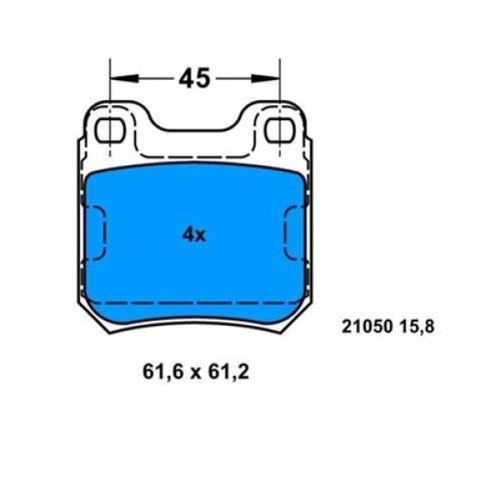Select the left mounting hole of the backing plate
pyautogui.click(x=110, y=130)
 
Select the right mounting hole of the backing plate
pyautogui.click(x=278, y=130)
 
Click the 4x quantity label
pyautogui.click(x=194, y=235)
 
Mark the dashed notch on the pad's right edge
pyautogui.click(x=293, y=235)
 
